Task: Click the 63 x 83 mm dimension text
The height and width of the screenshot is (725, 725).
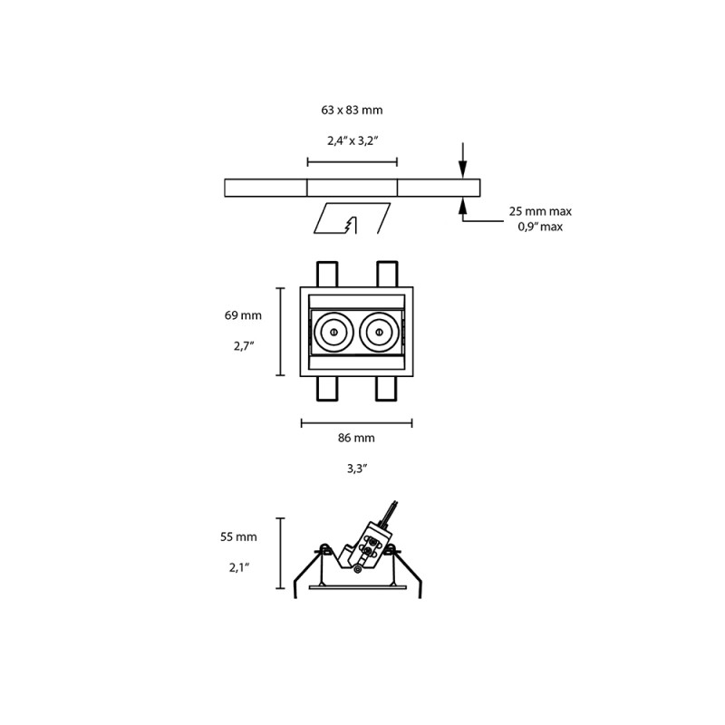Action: (x=352, y=110)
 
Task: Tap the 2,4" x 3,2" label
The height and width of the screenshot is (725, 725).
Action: (x=352, y=140)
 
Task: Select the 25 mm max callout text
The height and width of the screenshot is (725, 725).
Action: (x=540, y=211)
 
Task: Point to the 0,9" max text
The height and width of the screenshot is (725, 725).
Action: (x=540, y=227)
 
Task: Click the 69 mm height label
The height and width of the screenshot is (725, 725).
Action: (x=243, y=315)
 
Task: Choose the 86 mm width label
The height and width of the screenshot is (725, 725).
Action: (x=356, y=438)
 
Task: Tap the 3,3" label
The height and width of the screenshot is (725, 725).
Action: (x=356, y=469)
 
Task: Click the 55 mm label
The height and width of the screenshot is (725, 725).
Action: (x=238, y=536)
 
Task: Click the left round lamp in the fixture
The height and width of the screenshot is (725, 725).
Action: (x=332, y=333)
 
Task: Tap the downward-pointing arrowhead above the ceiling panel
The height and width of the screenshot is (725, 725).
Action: (x=462, y=169)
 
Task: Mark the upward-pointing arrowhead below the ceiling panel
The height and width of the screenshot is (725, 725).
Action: (x=462, y=205)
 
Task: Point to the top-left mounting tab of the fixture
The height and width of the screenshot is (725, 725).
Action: (x=327, y=274)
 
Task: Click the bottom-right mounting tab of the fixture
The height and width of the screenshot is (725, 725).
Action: (x=387, y=389)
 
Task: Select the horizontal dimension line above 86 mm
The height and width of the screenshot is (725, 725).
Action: (x=356, y=422)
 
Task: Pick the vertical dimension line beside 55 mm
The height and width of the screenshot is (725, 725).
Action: (x=280, y=552)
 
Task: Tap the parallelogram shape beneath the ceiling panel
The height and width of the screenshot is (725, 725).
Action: (x=352, y=217)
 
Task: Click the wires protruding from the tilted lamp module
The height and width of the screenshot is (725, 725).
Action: (x=391, y=510)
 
